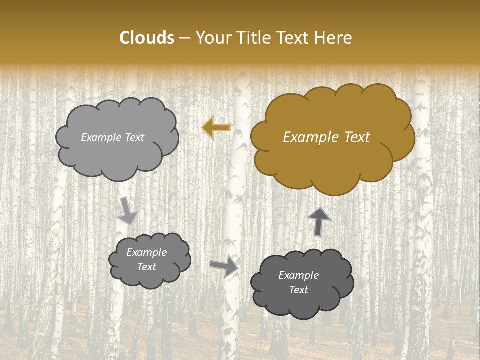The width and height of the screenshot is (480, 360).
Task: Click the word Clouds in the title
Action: [x=147, y=38]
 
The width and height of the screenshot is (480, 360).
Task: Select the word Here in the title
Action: [x=334, y=38]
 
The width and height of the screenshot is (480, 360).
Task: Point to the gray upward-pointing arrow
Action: [x=319, y=220]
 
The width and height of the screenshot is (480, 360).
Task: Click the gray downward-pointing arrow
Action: [x=128, y=210]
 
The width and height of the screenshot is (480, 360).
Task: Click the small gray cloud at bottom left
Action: [x=150, y=260]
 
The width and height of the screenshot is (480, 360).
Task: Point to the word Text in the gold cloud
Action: [x=358, y=137]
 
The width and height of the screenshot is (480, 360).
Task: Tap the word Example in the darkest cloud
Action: [x=298, y=275]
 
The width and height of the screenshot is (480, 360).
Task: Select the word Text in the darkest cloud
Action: [x=298, y=290]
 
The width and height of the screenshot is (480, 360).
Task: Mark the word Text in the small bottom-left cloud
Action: [x=147, y=267]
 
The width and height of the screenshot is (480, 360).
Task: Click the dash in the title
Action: [x=184, y=38]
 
